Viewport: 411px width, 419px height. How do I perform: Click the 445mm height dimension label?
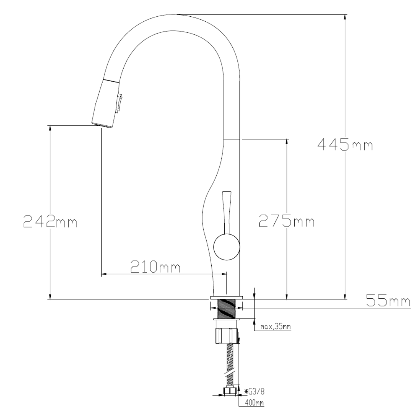[345, 145]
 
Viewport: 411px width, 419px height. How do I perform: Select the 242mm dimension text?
[50, 221]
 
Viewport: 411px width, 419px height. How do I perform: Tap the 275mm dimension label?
[286, 221]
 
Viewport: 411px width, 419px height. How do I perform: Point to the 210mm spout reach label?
[155, 266]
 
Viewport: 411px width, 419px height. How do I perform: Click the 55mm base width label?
[388, 300]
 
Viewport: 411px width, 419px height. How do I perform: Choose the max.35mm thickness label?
[275, 326]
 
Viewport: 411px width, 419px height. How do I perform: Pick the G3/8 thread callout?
[255, 391]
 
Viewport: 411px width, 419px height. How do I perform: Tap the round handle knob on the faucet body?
[227, 247]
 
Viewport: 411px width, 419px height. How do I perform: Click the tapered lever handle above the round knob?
[227, 212]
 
